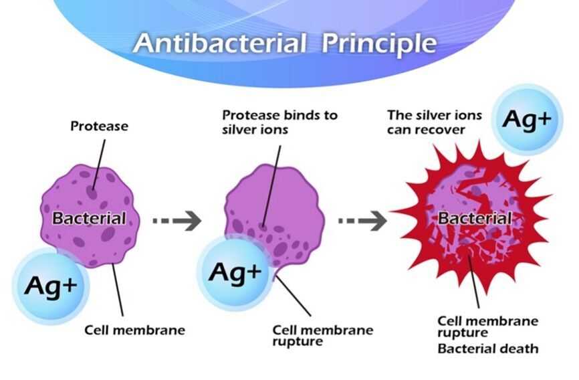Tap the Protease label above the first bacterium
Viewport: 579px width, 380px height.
coord(99,126)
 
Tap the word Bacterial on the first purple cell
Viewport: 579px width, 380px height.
coord(89,218)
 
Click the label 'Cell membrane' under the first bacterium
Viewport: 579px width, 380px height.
coord(134,330)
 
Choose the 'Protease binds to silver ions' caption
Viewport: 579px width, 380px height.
coord(279,122)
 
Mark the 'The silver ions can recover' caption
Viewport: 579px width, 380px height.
coord(434,122)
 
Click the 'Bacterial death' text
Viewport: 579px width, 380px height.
coord(487,349)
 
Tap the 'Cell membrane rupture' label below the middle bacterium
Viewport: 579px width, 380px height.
coord(322,335)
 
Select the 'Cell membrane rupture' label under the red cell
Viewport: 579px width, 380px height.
coord(487,326)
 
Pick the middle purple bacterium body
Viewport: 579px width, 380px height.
coord(281,201)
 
